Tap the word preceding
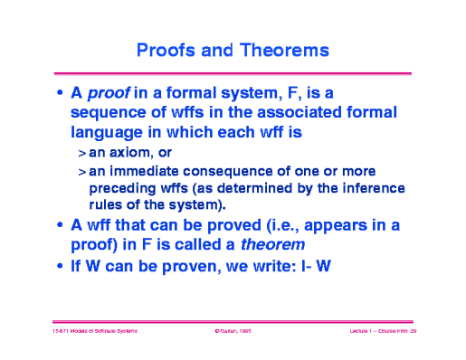pyautogui.click(x=121, y=188)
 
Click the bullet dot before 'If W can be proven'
pyautogui.click(x=60, y=267)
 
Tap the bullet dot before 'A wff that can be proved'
pyautogui.click(x=60, y=225)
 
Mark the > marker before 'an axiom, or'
pyautogui.click(x=81, y=154)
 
